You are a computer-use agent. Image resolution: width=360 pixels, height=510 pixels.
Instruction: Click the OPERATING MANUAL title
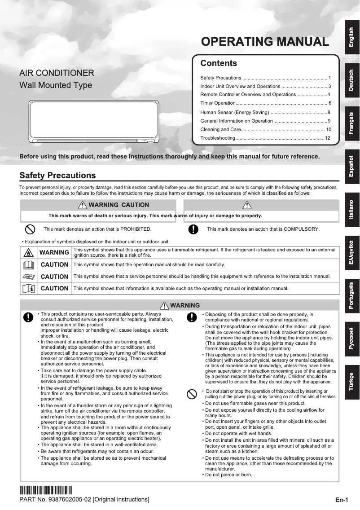pyautogui.click(x=265, y=42)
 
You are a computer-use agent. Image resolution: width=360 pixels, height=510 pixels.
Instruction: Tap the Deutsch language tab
pyautogui.click(x=352, y=80)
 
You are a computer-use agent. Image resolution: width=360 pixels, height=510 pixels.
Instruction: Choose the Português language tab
pyautogui.click(x=352, y=296)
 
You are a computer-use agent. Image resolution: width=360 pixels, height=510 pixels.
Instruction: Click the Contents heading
pyautogui.click(x=219, y=63)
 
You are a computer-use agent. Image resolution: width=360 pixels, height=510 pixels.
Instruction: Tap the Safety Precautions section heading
pyautogui.click(x=57, y=175)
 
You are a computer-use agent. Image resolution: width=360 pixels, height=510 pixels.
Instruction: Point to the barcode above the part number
pyautogui.click(x=45, y=490)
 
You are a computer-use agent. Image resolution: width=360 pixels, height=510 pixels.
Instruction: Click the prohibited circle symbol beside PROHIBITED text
pyautogui.click(x=30, y=229)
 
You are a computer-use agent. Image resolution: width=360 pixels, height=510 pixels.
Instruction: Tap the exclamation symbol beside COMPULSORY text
pyautogui.click(x=193, y=229)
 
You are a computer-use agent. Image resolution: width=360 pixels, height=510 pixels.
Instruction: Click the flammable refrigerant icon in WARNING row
pyautogui.click(x=28, y=252)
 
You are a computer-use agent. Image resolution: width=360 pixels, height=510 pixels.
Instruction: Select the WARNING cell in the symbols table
pyautogui.click(x=54, y=252)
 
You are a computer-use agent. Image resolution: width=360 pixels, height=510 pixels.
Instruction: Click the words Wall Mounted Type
pyautogui.click(x=56, y=85)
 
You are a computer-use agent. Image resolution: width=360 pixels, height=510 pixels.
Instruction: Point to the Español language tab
pyautogui.click(x=352, y=166)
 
